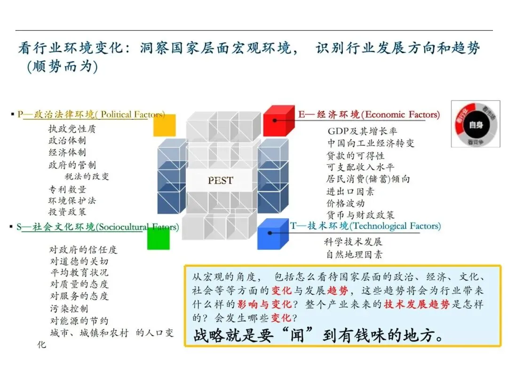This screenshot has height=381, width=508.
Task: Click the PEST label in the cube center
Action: click(x=220, y=180)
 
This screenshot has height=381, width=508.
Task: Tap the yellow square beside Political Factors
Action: click(x=164, y=125)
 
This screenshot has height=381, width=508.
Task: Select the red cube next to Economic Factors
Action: click(x=278, y=121)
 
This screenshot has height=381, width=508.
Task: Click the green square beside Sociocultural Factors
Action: click(x=158, y=238)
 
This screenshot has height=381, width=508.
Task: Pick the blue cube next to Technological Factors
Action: click(x=272, y=234)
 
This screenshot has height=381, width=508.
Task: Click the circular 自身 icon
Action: click(x=476, y=124)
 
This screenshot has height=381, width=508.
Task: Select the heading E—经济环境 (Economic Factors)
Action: click(x=369, y=114)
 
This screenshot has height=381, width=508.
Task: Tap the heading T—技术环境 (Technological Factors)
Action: click(x=365, y=226)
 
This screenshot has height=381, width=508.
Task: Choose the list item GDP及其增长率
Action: click(x=362, y=131)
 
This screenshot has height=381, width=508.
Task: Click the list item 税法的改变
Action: click(x=87, y=176)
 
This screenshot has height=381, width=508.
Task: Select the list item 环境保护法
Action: click(x=72, y=200)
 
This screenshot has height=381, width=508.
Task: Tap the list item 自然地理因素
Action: click(x=354, y=254)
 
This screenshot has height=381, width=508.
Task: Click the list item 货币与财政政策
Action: click(x=360, y=215)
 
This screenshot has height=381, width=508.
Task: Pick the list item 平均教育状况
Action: click(x=79, y=272)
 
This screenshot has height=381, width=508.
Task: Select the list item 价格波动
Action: click(x=345, y=203)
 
